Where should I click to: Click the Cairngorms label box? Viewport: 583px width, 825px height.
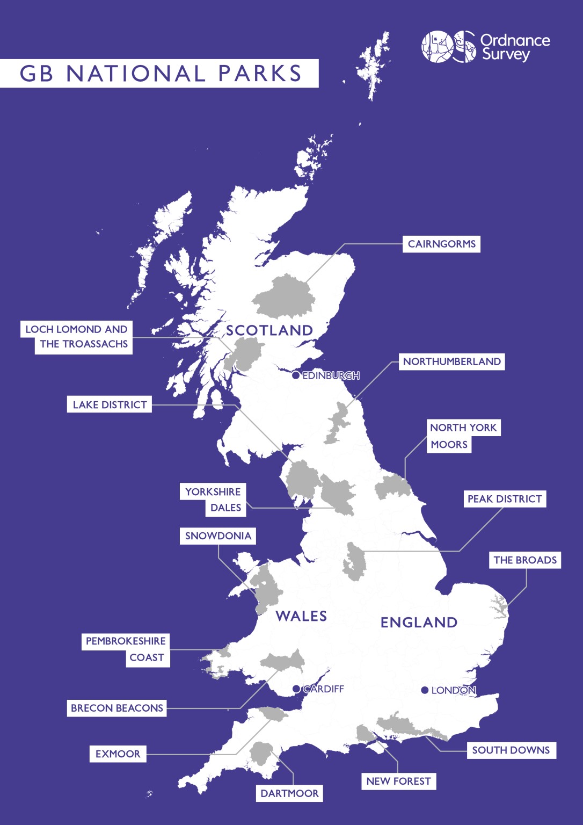tap(441, 244)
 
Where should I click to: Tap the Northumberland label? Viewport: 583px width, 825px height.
tap(451, 361)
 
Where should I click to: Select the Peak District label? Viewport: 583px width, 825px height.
tap(505, 499)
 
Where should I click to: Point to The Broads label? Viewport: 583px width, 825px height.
tap(525, 560)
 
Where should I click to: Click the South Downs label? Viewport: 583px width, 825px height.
tap(511, 750)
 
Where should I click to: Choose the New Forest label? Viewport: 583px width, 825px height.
tap(398, 781)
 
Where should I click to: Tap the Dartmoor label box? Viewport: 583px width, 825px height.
tap(289, 793)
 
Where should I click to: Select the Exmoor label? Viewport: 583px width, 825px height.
tap(118, 754)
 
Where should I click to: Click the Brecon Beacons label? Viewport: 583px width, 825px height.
tap(116, 708)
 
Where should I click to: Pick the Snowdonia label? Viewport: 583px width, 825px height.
tap(218, 536)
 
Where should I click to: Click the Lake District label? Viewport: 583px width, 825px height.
tap(110, 404)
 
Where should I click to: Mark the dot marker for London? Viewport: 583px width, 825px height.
tap(425, 690)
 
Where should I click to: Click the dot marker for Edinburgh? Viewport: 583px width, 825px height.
tap(296, 375)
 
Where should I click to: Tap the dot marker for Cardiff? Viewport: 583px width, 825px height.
tap(296, 689)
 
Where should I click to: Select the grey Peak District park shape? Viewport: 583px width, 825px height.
tap(355, 562)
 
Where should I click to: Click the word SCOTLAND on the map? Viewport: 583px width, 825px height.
tap(269, 330)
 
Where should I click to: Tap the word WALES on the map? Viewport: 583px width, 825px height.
tap(301, 616)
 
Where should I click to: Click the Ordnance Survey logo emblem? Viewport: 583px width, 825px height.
tap(448, 46)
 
